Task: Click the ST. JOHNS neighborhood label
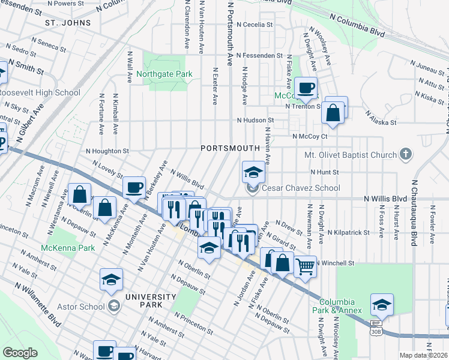(x=68, y=23)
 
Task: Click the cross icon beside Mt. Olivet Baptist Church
(x=406, y=154)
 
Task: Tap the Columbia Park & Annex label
(x=340, y=306)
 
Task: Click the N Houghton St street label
(x=107, y=151)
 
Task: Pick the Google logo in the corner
(x=20, y=352)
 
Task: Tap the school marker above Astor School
(x=111, y=280)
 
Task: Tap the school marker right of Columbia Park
(x=382, y=304)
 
